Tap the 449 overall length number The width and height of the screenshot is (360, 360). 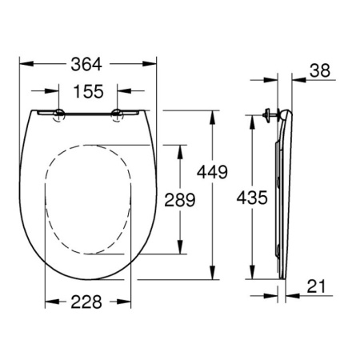coord(212,172)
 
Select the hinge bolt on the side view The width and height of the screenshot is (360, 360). coord(270,115)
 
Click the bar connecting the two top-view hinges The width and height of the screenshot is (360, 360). coord(88,113)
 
